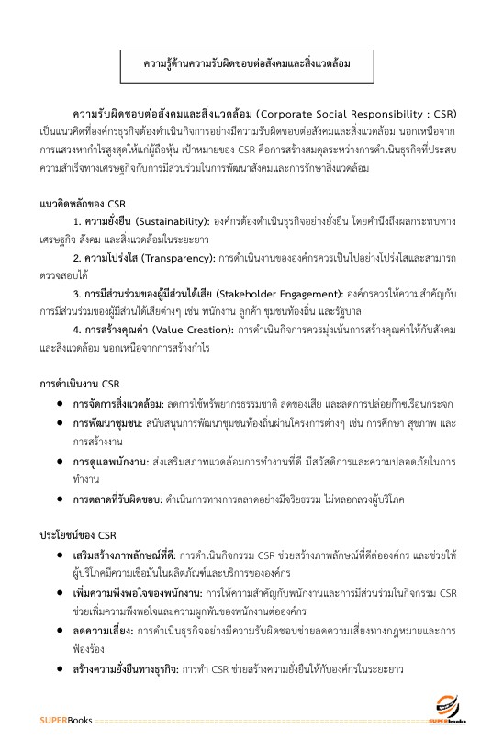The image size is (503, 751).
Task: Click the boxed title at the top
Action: [248, 65]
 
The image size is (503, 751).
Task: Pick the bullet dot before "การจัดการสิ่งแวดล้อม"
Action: [60, 404]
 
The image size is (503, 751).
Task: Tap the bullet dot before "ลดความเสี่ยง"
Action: [60, 632]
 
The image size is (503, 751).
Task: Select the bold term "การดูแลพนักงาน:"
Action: [115, 462]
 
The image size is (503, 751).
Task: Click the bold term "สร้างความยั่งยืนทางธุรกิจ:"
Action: [126, 670]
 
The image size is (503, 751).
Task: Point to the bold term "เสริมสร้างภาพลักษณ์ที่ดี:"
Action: [125, 556]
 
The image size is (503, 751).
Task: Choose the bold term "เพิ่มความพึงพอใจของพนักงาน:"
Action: [132, 594]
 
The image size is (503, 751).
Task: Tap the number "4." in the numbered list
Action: [77, 330]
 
